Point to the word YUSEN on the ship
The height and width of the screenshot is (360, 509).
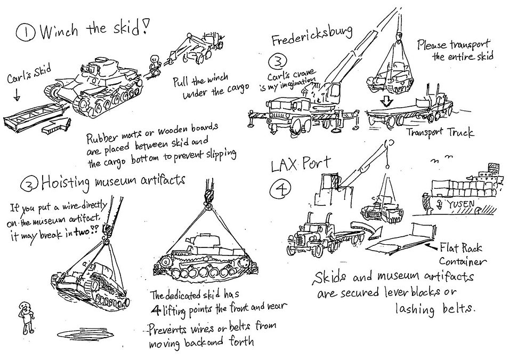point(460,204)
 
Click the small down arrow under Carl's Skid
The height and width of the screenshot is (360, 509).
point(17,95)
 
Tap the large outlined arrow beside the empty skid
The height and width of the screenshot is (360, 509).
point(56,126)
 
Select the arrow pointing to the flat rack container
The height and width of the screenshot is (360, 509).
point(435,245)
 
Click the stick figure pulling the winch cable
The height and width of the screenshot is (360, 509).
point(155,65)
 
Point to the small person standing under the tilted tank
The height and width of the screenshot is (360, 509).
point(26,318)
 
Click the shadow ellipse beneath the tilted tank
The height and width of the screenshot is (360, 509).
point(85,334)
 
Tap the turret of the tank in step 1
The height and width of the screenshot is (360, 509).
point(94,66)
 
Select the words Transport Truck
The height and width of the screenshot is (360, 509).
point(440,132)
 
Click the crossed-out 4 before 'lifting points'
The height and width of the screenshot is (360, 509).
point(156,311)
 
